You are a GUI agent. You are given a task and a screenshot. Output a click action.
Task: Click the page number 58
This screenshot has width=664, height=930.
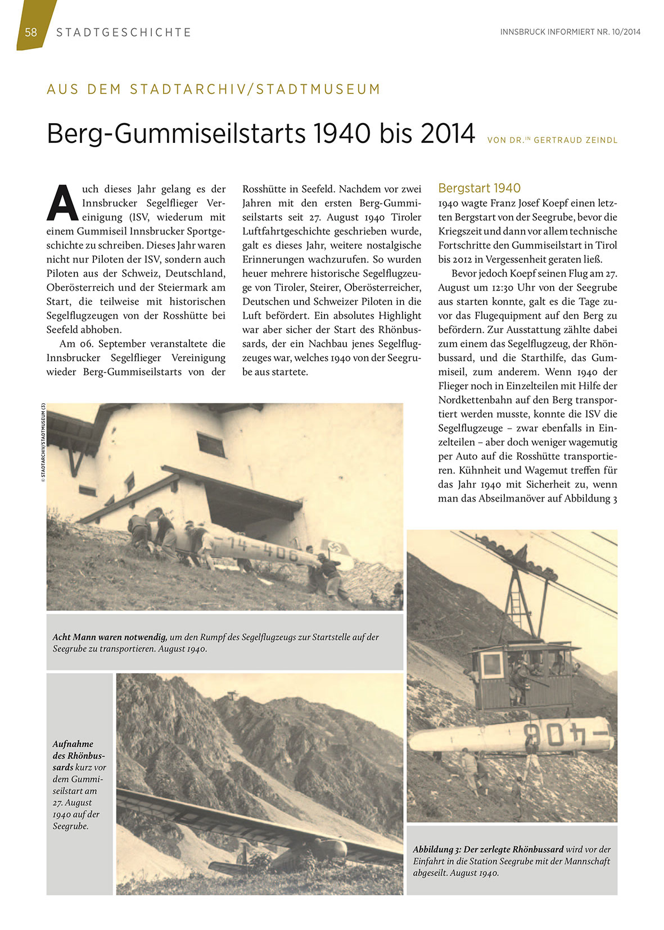31,32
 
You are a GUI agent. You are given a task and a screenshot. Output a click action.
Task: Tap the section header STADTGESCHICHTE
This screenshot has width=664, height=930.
124,33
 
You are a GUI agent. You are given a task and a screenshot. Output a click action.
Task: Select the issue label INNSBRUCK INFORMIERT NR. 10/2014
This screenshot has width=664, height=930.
570,32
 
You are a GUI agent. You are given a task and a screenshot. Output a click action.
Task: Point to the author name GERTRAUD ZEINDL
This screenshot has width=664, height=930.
576,140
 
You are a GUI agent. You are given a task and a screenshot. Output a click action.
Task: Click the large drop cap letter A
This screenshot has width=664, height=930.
62,202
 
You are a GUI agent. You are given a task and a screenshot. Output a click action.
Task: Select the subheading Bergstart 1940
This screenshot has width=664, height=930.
479,188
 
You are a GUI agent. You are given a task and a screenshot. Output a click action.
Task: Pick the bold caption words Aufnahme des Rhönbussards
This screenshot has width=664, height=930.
78,755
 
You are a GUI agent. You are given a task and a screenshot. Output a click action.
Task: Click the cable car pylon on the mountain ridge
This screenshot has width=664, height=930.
230,696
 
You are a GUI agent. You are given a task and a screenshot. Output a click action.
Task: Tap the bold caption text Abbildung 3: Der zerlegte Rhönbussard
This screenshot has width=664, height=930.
488,849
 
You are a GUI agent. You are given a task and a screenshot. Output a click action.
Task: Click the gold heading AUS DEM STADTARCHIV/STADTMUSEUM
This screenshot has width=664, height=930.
214,89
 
